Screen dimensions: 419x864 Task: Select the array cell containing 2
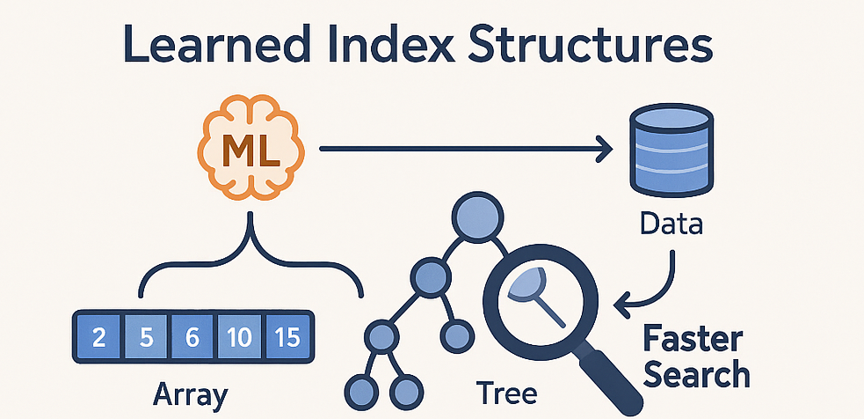(99, 337)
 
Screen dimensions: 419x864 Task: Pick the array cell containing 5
(146, 337)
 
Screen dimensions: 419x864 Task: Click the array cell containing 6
(192, 337)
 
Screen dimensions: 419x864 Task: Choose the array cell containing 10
(239, 337)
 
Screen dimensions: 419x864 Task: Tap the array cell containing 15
(287, 337)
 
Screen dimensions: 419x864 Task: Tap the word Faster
(693, 338)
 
